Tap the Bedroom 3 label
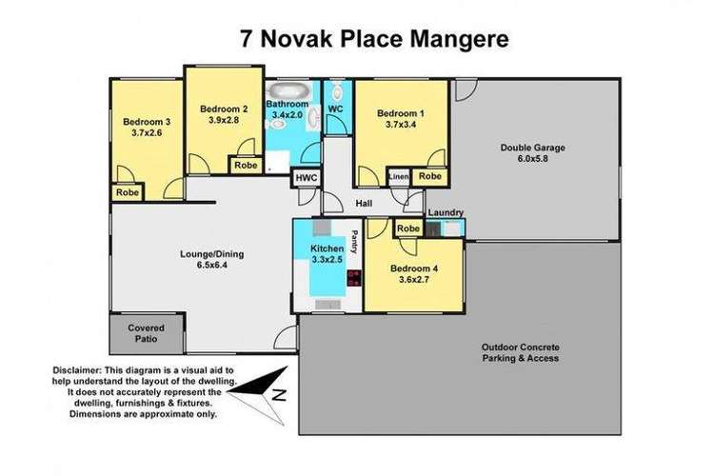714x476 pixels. point(147,121)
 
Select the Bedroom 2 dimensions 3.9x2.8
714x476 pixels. point(224,121)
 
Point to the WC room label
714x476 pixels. point(335,109)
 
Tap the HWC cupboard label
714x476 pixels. point(306,178)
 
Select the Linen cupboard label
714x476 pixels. point(398,177)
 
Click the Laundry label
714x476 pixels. point(445,212)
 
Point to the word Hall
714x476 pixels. point(364,204)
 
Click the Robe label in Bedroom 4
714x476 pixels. point(407,229)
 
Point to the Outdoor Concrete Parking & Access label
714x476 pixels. point(520,352)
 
